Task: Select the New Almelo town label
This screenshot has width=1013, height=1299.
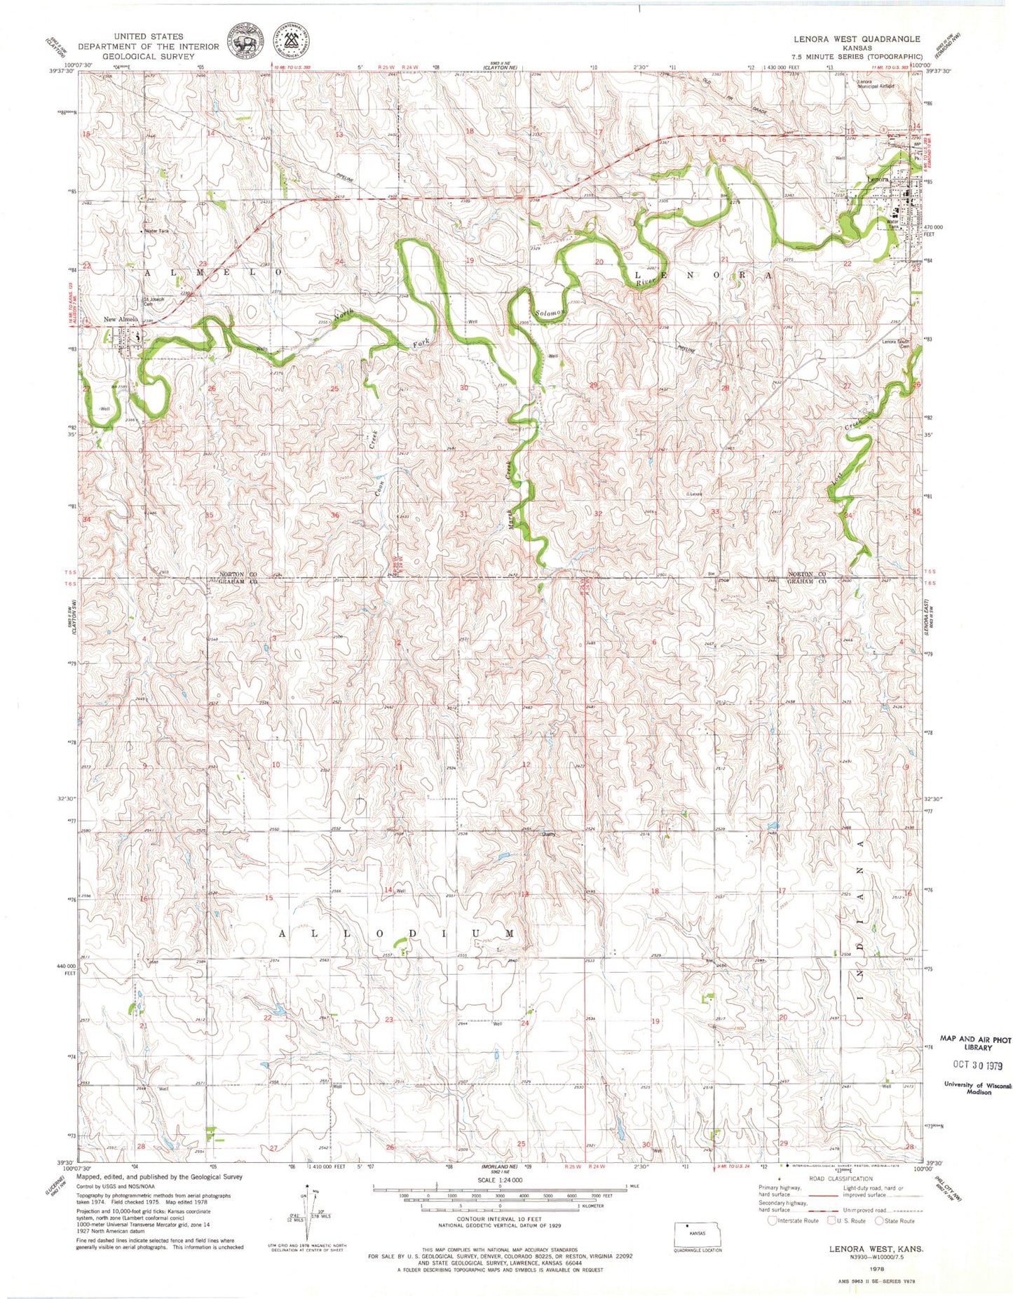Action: coord(120,320)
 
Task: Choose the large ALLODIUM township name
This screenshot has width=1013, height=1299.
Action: coord(397,934)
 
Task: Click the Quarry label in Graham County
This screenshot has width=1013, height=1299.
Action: coord(547,835)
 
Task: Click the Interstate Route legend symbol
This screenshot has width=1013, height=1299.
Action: coord(773,1220)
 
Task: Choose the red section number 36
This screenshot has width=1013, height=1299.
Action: coord(335,516)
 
